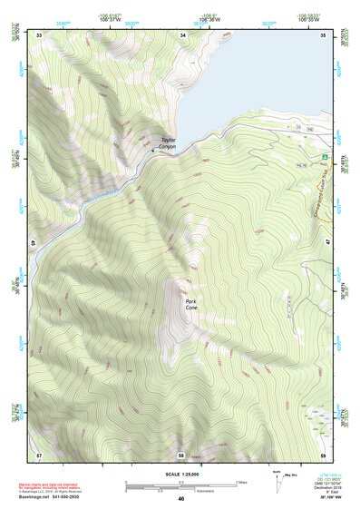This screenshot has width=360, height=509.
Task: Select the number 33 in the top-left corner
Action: point(39,34)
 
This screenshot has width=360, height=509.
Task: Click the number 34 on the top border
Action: point(182,34)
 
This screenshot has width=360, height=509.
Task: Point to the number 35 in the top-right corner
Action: point(324,34)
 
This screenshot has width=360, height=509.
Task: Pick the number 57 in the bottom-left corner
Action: point(39,454)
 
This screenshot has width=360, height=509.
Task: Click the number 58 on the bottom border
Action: point(181,454)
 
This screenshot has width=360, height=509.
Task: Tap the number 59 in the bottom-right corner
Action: point(324,454)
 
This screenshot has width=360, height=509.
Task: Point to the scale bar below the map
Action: point(180,484)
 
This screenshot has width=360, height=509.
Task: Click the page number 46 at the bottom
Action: point(180,498)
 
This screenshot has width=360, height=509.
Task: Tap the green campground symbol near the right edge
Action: point(324,157)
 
